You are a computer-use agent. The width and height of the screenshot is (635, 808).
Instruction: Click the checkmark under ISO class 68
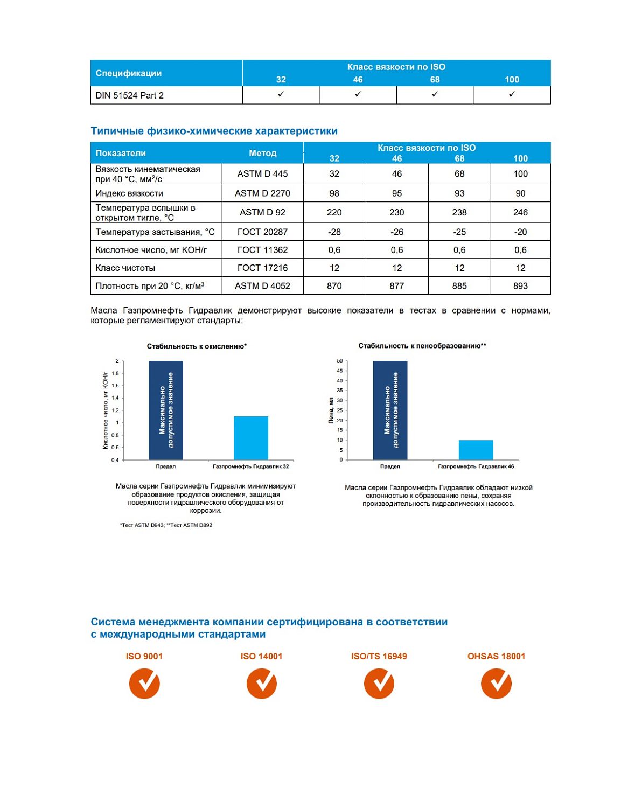point(435,94)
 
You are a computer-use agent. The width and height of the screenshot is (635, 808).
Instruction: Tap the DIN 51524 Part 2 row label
point(130,95)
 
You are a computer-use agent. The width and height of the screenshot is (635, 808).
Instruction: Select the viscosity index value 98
point(334,193)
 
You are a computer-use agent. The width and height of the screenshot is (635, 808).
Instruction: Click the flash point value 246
point(520,212)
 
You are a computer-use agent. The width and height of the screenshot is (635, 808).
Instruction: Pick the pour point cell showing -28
point(334,232)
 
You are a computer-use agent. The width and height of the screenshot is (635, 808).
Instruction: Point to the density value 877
point(396,286)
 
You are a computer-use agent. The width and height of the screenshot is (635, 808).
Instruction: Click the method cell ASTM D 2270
point(262,193)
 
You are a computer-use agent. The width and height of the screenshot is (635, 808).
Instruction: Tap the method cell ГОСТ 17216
point(262,268)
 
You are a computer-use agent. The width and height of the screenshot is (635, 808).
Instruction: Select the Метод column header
point(262,153)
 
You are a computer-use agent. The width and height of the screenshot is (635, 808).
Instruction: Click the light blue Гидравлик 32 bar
point(251,438)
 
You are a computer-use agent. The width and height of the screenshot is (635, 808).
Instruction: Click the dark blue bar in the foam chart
point(390,410)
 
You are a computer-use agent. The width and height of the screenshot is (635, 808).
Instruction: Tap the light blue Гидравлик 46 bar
point(476,450)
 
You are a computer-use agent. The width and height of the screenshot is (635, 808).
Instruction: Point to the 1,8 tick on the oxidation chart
point(115,373)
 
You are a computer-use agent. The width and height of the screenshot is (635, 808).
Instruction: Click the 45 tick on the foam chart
point(339,371)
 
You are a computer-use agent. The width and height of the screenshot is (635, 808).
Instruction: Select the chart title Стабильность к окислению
point(197,346)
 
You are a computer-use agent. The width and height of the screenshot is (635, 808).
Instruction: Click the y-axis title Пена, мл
point(331,410)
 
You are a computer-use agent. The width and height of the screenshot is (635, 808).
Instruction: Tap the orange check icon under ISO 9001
point(144,684)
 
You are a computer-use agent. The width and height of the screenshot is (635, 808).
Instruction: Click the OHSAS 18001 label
point(496,656)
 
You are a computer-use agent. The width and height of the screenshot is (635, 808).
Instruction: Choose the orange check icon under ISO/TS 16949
point(379,684)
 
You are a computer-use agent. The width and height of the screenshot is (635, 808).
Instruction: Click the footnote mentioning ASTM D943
point(166,525)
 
